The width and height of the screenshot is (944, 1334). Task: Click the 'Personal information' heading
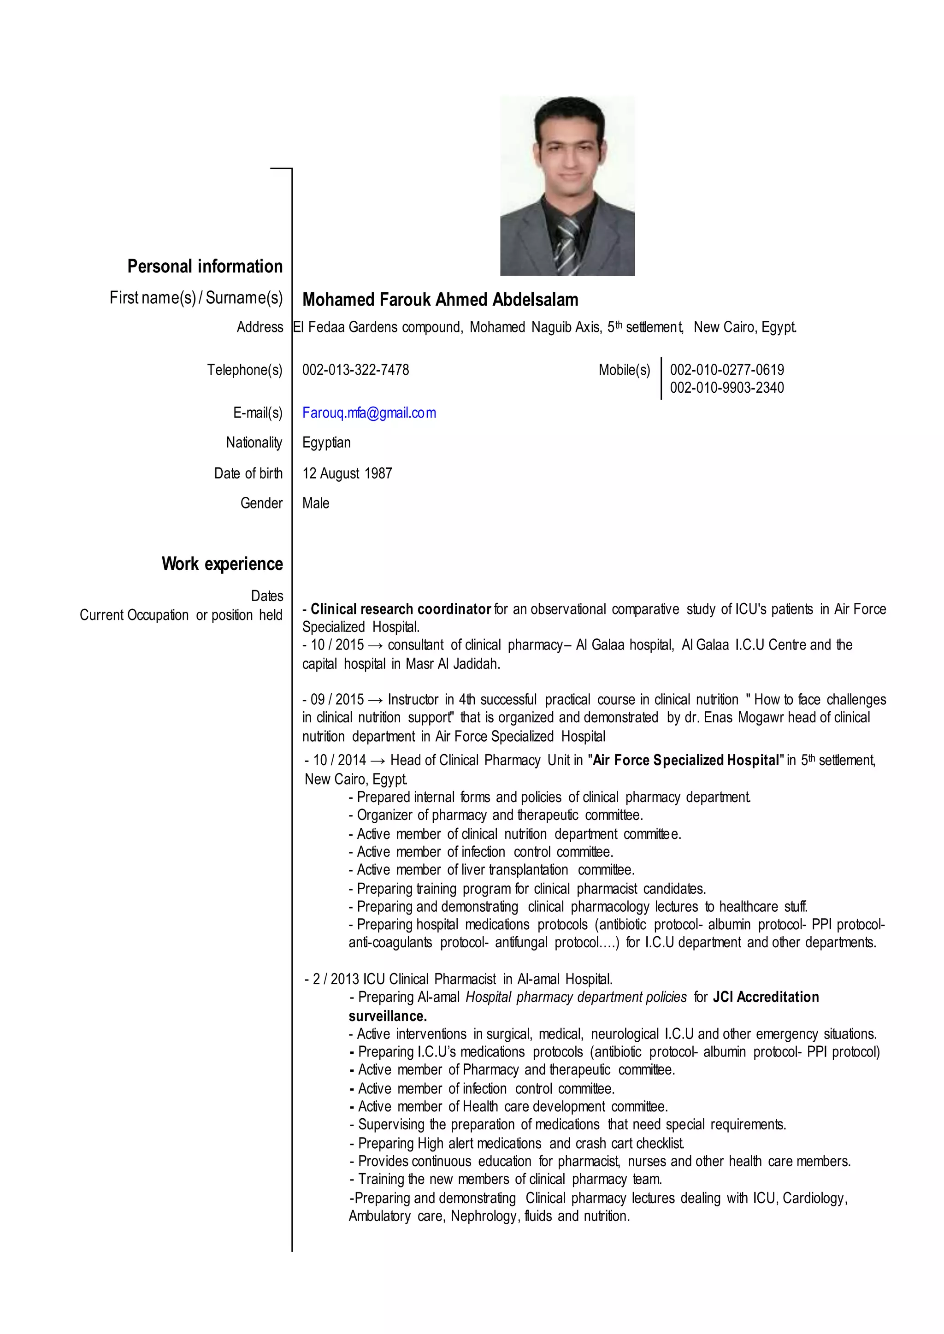[205, 266]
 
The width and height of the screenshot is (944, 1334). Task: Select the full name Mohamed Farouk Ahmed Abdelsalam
[440, 300]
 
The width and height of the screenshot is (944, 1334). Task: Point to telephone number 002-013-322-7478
[355, 370]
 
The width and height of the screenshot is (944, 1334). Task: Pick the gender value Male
[316, 503]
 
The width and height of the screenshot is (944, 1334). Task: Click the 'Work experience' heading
[222, 564]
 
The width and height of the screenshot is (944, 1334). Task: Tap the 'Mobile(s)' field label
[624, 370]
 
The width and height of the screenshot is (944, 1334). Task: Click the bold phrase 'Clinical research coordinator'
[401, 609]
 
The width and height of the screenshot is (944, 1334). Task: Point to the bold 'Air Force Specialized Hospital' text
[686, 760]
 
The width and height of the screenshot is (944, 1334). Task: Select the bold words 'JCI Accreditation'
[766, 997]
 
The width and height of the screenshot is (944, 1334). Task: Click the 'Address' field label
[260, 327]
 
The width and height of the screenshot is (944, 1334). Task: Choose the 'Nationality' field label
[254, 443]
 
